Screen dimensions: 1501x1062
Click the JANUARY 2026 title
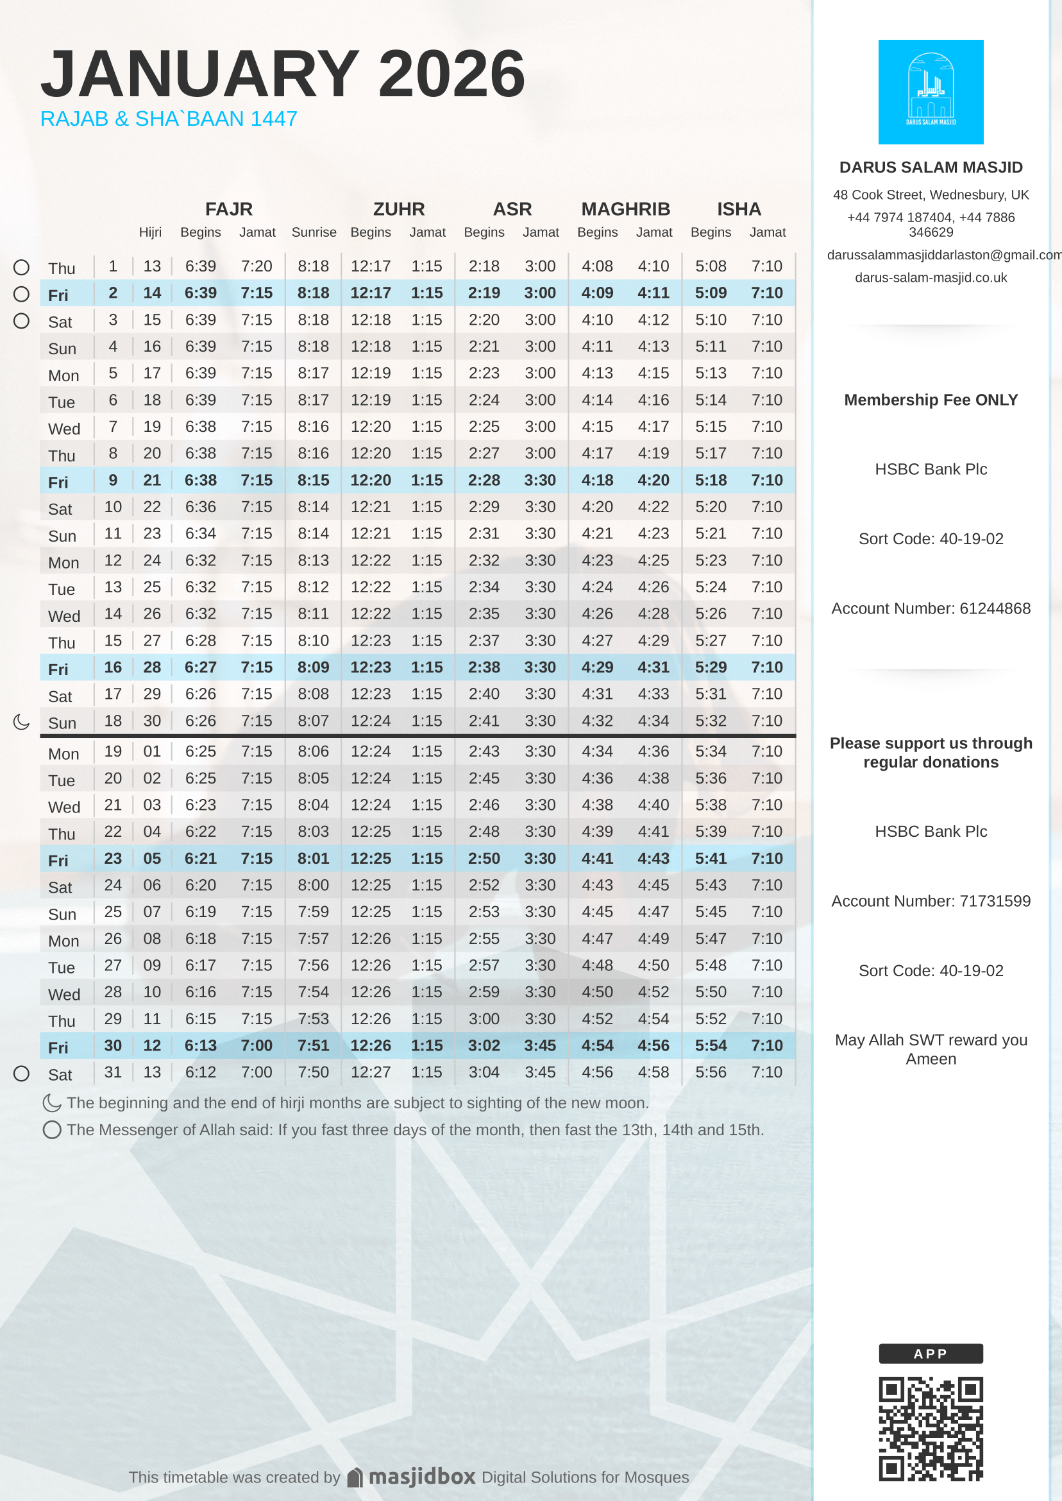click(x=283, y=73)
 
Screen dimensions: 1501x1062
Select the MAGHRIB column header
click(x=625, y=209)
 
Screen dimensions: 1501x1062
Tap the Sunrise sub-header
click(x=314, y=232)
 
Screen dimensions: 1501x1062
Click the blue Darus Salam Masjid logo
click(x=930, y=92)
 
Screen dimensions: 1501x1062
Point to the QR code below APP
click(x=930, y=1429)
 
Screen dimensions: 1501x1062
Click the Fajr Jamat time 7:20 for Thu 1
click(x=257, y=266)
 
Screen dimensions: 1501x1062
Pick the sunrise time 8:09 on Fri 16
click(x=313, y=667)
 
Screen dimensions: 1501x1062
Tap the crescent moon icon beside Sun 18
click(x=22, y=722)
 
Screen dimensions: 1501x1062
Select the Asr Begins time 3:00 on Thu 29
click(x=484, y=1019)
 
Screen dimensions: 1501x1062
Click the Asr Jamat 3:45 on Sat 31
click(x=540, y=1072)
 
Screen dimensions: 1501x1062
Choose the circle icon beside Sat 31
click(x=22, y=1073)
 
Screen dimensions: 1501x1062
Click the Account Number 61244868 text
click(x=930, y=608)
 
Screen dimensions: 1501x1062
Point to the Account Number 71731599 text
click(x=930, y=901)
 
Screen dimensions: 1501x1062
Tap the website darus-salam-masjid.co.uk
click(x=930, y=277)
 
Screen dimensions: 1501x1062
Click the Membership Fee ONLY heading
click(x=930, y=400)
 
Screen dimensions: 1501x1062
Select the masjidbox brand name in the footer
click(x=422, y=1477)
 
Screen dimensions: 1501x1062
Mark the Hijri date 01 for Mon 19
click(x=152, y=751)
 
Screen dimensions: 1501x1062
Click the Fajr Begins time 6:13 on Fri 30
click(x=200, y=1045)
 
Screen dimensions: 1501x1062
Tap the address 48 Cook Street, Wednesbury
click(x=930, y=195)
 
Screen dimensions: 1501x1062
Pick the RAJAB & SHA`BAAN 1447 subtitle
click(x=169, y=119)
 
